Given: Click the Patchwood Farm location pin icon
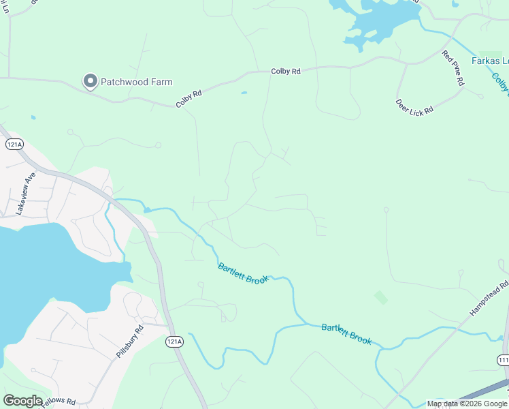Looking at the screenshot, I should click(90, 82).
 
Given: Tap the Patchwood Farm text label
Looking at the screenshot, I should click(137, 82).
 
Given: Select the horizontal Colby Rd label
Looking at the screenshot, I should click(286, 71).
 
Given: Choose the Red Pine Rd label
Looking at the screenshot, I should click(453, 67).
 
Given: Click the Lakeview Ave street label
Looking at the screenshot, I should click(25, 194).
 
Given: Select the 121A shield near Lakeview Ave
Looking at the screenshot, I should click(14, 145).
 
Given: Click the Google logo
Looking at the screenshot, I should click(22, 401).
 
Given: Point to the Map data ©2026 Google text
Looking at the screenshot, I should click(467, 404).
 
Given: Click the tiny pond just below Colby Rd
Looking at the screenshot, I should click(244, 93).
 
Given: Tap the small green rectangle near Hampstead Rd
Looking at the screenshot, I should click(381, 298).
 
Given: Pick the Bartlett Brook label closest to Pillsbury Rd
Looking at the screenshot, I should click(244, 273).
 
